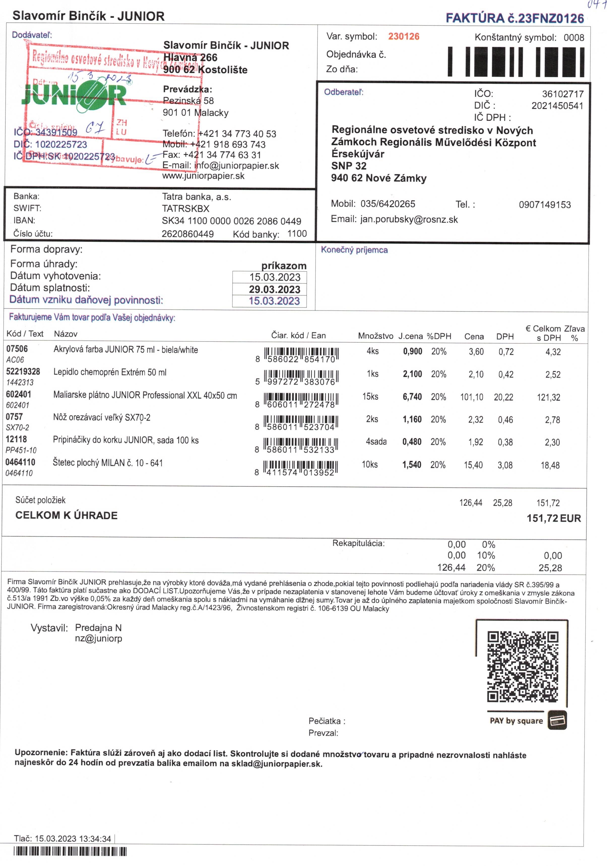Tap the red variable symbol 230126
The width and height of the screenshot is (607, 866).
coord(403,37)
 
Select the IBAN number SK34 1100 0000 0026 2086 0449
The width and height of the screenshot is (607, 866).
coord(231,221)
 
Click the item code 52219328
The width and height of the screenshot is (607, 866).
coord(23,371)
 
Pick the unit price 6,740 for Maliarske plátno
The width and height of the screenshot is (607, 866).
coord(412,397)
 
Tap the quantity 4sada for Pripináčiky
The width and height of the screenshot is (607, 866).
coord(376,441)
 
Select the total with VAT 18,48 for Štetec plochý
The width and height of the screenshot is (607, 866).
coord(550,465)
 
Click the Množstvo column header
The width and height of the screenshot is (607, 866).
coord(375,336)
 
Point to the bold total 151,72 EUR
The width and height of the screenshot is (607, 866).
coord(553,518)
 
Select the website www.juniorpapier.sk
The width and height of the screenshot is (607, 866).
coord(203,176)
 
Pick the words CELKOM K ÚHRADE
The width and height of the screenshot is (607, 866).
coord(67,515)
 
